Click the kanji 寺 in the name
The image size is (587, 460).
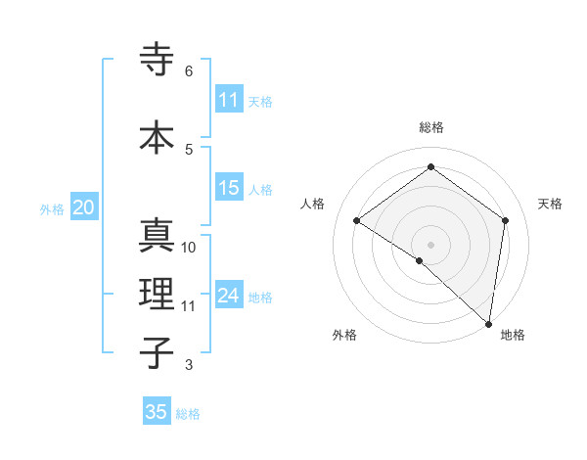pyautogui.click(x=158, y=60)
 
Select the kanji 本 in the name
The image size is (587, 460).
pyautogui.click(x=158, y=136)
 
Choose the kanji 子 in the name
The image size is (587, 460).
pyautogui.click(x=158, y=351)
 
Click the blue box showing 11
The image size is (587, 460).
pyautogui.click(x=229, y=100)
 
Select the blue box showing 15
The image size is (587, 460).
pyautogui.click(x=229, y=189)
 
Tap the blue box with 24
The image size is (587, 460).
pyautogui.click(x=229, y=296)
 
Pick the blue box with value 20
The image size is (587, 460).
pyautogui.click(x=83, y=207)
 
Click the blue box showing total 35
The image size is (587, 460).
pyautogui.click(x=157, y=412)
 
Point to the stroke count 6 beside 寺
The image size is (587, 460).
pyautogui.click(x=188, y=71)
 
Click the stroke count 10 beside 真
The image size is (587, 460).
pyautogui.click(x=189, y=248)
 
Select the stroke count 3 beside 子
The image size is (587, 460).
pyautogui.click(x=188, y=365)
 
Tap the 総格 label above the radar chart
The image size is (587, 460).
pyautogui.click(x=430, y=127)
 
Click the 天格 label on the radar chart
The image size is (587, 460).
pyautogui.click(x=550, y=204)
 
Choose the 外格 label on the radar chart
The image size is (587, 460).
pyautogui.click(x=344, y=335)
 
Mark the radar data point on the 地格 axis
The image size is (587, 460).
pyautogui.click(x=488, y=322)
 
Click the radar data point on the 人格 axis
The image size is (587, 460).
pyautogui.click(x=357, y=221)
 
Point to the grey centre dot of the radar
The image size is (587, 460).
pyautogui.click(x=430, y=244)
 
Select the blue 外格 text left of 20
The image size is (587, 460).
pyautogui.click(x=52, y=208)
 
